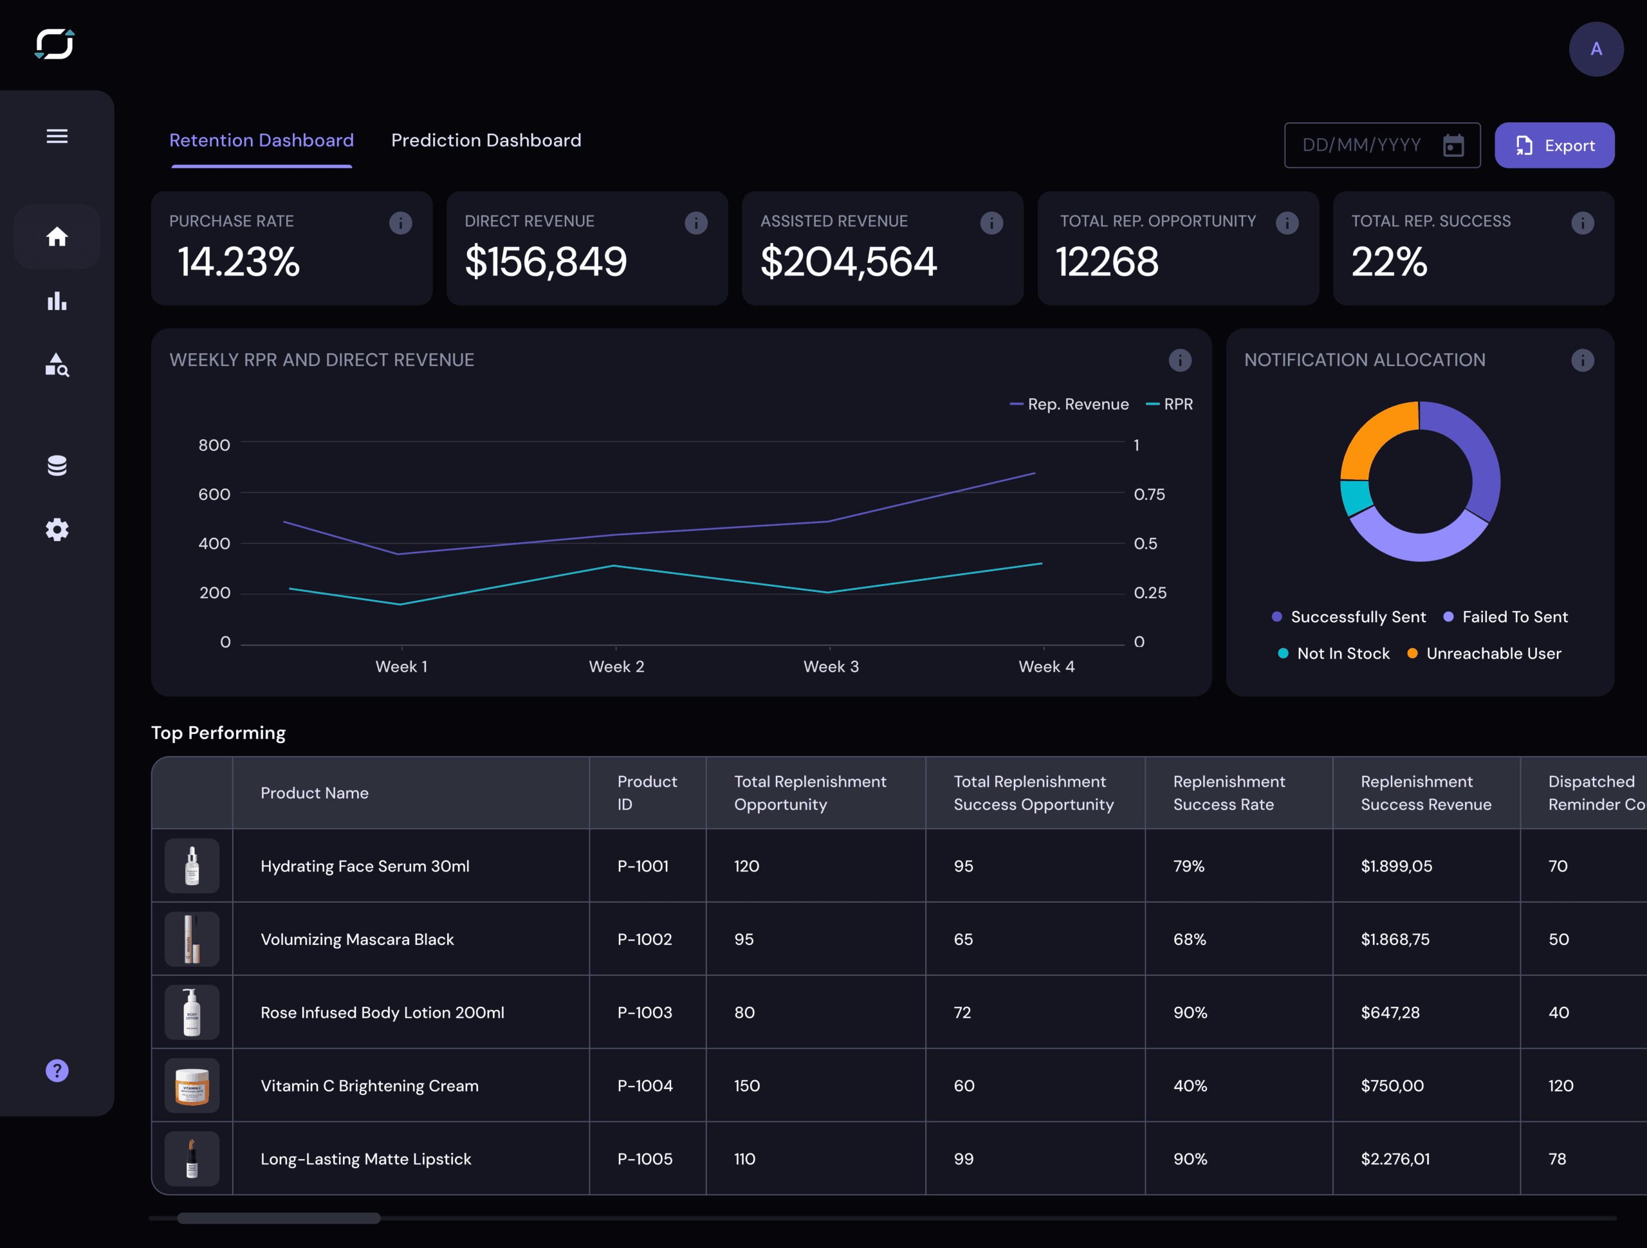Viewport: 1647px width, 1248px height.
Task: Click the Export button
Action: (x=1554, y=145)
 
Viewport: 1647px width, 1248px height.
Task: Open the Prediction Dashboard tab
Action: (x=486, y=140)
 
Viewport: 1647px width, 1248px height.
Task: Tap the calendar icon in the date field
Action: (x=1453, y=145)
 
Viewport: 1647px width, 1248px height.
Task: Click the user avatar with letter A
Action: (x=1596, y=49)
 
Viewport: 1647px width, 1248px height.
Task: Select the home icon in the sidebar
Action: (x=57, y=237)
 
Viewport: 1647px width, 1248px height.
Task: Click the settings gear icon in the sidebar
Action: (x=57, y=529)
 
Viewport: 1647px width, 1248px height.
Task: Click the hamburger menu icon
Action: (x=57, y=136)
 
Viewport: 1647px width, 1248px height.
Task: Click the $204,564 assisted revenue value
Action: (x=847, y=262)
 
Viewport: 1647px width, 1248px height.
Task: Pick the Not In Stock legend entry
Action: (x=1343, y=653)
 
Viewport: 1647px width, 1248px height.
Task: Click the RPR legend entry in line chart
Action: (x=1177, y=405)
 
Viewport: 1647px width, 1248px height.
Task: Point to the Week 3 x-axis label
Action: (x=831, y=666)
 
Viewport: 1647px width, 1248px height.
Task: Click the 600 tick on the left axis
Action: (x=214, y=495)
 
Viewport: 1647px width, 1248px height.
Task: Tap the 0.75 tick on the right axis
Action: (x=1149, y=495)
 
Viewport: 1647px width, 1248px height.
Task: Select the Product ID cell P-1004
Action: (x=645, y=1086)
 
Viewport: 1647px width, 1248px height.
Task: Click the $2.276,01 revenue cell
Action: (x=1395, y=1159)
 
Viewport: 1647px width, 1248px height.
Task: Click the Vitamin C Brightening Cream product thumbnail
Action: (x=192, y=1086)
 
